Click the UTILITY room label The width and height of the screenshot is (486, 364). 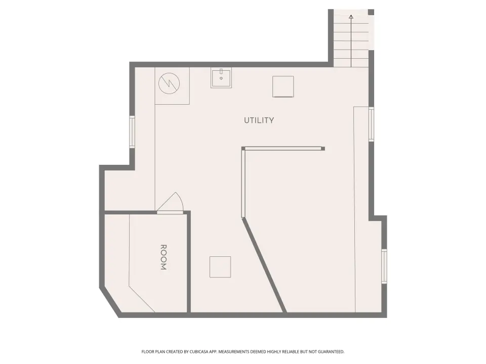coord(259,120)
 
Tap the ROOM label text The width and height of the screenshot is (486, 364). coord(164,257)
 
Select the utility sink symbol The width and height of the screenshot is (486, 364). coord(221,78)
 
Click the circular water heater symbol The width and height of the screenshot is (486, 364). coord(169,83)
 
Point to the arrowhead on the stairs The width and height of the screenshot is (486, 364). coord(351,17)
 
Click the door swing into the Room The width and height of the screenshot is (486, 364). coord(171,202)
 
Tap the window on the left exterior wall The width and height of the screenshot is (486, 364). coord(132,131)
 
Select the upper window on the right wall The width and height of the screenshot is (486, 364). coord(371,124)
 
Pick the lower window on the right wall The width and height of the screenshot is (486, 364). coord(384,266)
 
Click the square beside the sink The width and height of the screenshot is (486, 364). coord(283,86)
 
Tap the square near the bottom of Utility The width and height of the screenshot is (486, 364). coord(220,267)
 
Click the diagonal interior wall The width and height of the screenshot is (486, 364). coord(264,265)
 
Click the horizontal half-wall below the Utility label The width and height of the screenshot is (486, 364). coord(283,149)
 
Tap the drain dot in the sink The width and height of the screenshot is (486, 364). coord(221,78)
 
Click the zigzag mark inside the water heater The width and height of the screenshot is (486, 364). coord(169,83)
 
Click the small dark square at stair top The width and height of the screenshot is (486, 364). coord(371,12)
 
